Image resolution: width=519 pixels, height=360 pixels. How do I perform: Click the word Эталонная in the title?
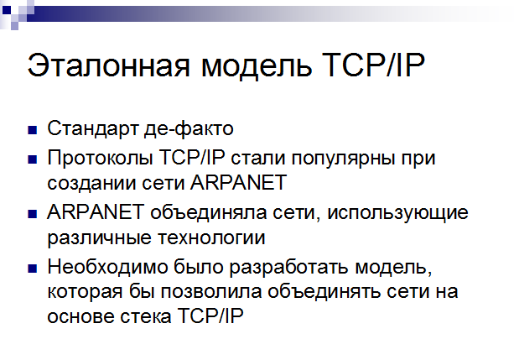point(108,65)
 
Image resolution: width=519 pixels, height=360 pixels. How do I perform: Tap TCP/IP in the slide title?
point(373,65)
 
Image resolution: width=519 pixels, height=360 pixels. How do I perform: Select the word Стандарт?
point(93,129)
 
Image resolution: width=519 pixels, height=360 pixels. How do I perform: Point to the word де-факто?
point(189,129)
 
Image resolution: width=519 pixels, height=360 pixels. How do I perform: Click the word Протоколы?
point(100,158)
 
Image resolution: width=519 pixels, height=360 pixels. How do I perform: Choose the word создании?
point(91,184)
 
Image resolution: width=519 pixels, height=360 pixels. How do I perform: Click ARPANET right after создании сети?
point(238,182)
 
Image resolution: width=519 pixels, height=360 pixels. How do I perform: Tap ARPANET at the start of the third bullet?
point(96,212)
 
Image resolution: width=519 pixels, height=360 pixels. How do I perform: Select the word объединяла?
point(208,213)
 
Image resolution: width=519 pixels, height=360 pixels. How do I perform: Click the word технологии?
point(211,238)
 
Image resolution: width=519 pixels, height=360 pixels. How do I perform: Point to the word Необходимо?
point(107,267)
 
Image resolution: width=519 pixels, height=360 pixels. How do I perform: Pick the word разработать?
point(288,267)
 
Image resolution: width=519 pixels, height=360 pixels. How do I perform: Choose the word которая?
point(85,293)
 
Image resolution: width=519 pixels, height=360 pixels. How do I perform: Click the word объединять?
point(324,292)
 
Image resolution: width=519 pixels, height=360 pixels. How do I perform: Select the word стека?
point(146,317)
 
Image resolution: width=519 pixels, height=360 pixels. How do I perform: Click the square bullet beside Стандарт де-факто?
point(33,130)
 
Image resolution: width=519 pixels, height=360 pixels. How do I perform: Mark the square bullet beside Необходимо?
point(33,269)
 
